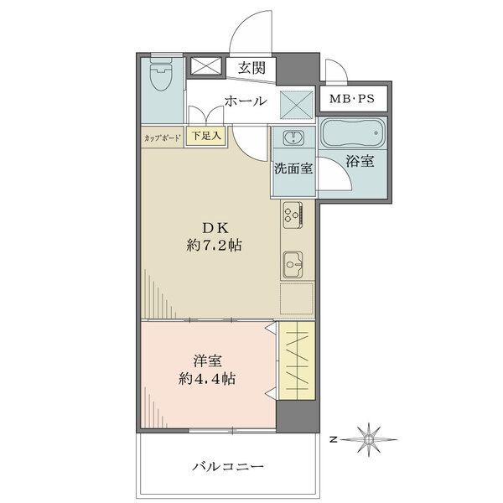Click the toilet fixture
click(x=161, y=76)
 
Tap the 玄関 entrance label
click(x=251, y=68)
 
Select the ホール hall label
click(x=246, y=101)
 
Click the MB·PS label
click(x=352, y=98)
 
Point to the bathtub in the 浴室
click(x=353, y=132)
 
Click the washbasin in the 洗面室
click(x=293, y=137)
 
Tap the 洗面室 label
click(x=293, y=169)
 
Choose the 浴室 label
click(x=360, y=161)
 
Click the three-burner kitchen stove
click(x=293, y=215)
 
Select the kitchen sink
click(x=293, y=264)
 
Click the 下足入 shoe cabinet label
click(x=206, y=136)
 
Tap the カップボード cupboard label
click(x=163, y=138)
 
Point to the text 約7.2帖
click(x=215, y=246)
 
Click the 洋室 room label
click(x=208, y=360)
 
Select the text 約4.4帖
click(x=207, y=379)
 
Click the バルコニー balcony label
click(x=228, y=466)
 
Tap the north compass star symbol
click(x=369, y=439)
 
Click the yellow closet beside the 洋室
click(x=297, y=360)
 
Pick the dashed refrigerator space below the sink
click(x=297, y=298)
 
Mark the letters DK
click(x=215, y=228)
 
